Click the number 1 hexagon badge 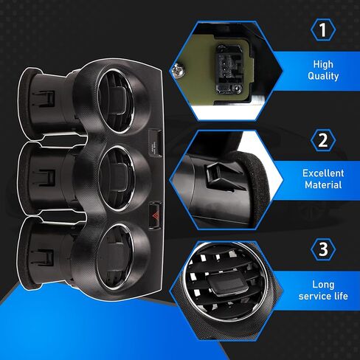click(x=323, y=30)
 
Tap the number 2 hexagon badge click(x=323, y=140)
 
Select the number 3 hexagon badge click(x=323, y=249)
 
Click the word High click(x=323, y=64)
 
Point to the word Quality click(x=323, y=76)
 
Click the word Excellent click(x=323, y=173)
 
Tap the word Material click(x=323, y=184)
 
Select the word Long click(x=323, y=285)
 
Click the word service click(x=315, y=296)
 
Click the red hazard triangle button click(x=155, y=215)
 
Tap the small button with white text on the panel click(x=155, y=143)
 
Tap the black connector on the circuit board click(x=229, y=69)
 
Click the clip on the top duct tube click(x=46, y=99)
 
